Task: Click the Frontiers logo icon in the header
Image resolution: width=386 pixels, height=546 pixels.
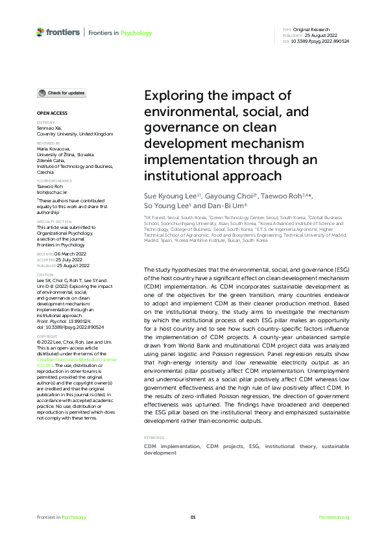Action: pos(41,32)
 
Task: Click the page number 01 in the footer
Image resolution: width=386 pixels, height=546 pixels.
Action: pos(193,517)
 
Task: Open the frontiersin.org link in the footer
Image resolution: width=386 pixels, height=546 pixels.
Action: pos(335,517)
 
